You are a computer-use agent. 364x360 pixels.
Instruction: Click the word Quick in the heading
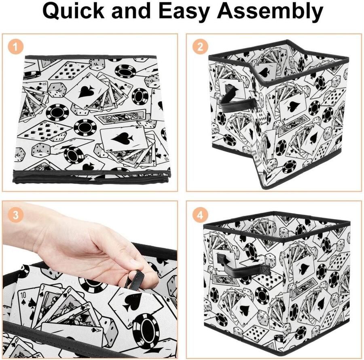(x=73, y=11)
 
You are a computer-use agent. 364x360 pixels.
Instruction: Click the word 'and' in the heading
(x=131, y=11)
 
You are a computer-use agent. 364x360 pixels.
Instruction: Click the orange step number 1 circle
(x=15, y=47)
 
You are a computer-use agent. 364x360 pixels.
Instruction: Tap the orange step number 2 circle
(x=200, y=47)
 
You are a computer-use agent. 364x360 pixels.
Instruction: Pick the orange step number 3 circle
(x=15, y=214)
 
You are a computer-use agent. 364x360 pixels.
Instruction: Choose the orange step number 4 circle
(x=200, y=214)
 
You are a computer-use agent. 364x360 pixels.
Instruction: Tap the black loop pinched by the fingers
(x=135, y=280)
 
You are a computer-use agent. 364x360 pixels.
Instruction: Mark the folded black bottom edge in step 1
(x=92, y=178)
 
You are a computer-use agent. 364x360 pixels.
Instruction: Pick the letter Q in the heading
(x=51, y=11)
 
